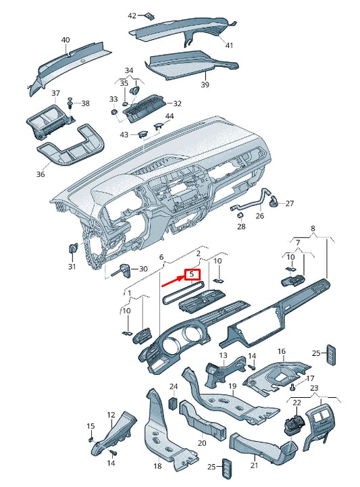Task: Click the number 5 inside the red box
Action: (x=192, y=275)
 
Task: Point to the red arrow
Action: (x=172, y=280)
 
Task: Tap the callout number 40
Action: (x=66, y=40)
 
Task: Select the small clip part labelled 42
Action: (x=152, y=16)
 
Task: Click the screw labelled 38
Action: (x=70, y=103)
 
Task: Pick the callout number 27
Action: (x=289, y=203)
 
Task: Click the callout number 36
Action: (x=40, y=174)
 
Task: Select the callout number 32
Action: (x=177, y=103)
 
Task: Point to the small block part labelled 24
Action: (x=173, y=404)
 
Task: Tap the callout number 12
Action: (x=111, y=415)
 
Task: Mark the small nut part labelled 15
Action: (x=91, y=438)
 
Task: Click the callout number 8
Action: (x=312, y=229)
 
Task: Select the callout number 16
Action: (x=282, y=351)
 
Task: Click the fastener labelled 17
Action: (x=294, y=388)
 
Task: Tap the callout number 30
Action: (x=143, y=269)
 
